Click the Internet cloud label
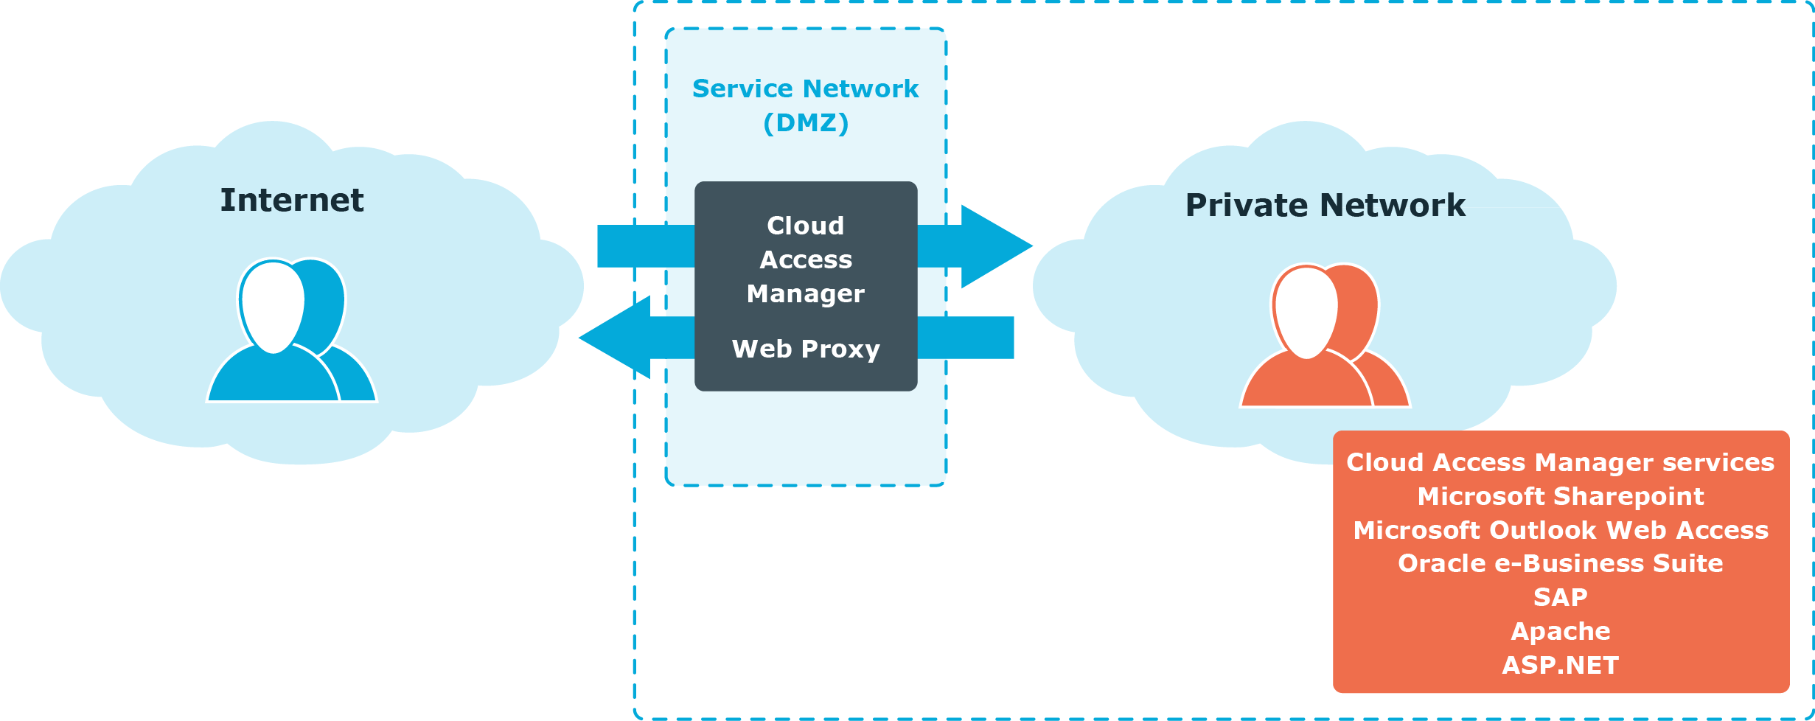click(x=292, y=201)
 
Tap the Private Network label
click(x=1325, y=206)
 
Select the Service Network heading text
click(x=805, y=89)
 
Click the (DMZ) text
click(x=806, y=123)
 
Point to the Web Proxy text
click(x=806, y=349)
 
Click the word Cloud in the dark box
click(x=806, y=226)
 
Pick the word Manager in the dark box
click(x=806, y=294)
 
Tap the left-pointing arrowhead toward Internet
click(x=616, y=338)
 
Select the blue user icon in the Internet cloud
click(x=292, y=332)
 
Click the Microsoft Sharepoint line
click(x=1560, y=497)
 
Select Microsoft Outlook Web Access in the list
click(x=1560, y=531)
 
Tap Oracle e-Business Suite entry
click(x=1560, y=564)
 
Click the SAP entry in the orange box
click(x=1560, y=597)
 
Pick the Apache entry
click(x=1560, y=632)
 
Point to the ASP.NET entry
click(x=1560, y=666)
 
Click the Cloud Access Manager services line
click(x=1560, y=463)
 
